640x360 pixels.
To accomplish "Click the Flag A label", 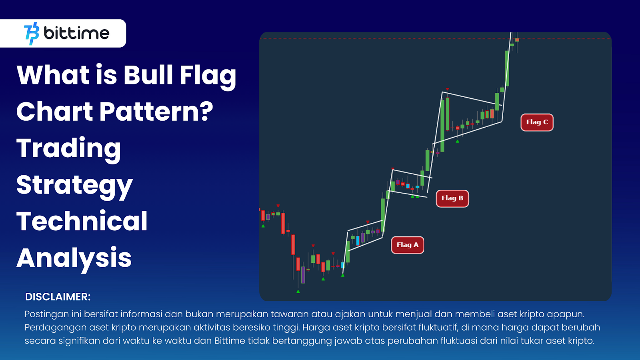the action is coord(408,245).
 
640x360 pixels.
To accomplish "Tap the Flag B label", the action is coord(452,198).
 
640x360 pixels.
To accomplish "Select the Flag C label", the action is coord(537,122).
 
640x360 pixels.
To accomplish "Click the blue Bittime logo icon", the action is coord(32,34).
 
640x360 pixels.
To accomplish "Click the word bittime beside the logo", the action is coord(76,33).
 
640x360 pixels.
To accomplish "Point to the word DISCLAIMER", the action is coord(58,297).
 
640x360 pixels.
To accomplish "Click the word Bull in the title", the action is coord(148,75).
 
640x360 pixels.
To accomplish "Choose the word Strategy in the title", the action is coord(74,186).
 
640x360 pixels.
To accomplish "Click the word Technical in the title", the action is coord(82,221).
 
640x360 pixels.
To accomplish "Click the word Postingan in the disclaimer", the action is coord(46,314).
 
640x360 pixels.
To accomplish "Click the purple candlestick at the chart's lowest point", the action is coord(303,275).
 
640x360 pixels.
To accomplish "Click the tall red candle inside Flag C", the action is coord(448,114).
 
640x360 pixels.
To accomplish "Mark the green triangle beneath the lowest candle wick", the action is coord(298,292).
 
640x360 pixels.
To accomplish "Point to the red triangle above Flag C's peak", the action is coord(448,89).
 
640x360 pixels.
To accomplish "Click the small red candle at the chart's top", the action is coord(517,40).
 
